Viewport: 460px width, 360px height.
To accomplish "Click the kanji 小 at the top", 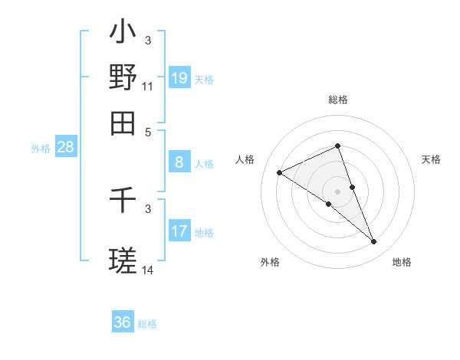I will pos(123,33).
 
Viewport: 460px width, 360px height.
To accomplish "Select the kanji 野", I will pos(123,77).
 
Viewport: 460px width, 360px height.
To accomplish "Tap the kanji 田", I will pos(123,123).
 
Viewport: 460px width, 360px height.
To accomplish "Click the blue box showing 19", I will pos(179,78).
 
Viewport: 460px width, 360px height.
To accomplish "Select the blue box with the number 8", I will pos(179,162).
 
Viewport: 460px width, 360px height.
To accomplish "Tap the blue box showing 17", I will pos(179,231).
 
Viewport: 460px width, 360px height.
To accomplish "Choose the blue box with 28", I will pos(65,148).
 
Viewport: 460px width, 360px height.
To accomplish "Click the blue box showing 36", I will pos(123,322).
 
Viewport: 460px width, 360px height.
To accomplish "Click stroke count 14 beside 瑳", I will pos(147,270).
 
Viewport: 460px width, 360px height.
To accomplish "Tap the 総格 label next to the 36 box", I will pos(147,324).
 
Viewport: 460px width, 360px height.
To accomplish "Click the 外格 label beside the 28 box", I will pos(40,149).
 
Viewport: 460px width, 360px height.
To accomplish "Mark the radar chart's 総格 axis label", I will pos(337,100).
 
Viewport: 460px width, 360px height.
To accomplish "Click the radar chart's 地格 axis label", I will pos(402,262).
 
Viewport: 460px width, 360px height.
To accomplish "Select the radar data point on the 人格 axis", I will pos(280,173).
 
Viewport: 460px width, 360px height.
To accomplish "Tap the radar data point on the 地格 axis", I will pos(374,242).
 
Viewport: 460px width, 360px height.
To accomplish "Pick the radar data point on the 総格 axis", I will pos(337,146).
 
